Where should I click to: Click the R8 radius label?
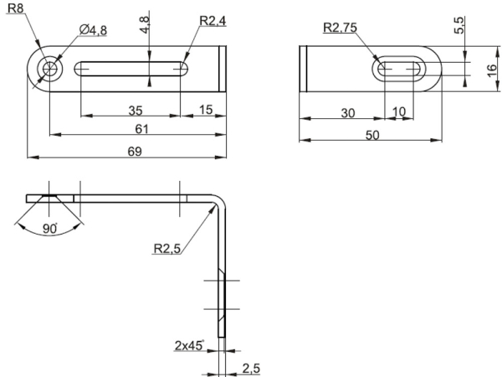coord(16,8)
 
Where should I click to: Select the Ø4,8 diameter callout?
coord(93,30)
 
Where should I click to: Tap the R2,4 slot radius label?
coord(213,21)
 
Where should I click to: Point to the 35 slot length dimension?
coord(135,111)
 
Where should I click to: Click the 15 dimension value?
coord(206,110)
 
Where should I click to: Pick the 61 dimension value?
coord(141,129)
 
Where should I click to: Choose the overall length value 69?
coord(135,152)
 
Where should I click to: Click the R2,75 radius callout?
coord(340,28)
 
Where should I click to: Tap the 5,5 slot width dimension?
coord(459,25)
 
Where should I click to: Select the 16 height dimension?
coord(492,70)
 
